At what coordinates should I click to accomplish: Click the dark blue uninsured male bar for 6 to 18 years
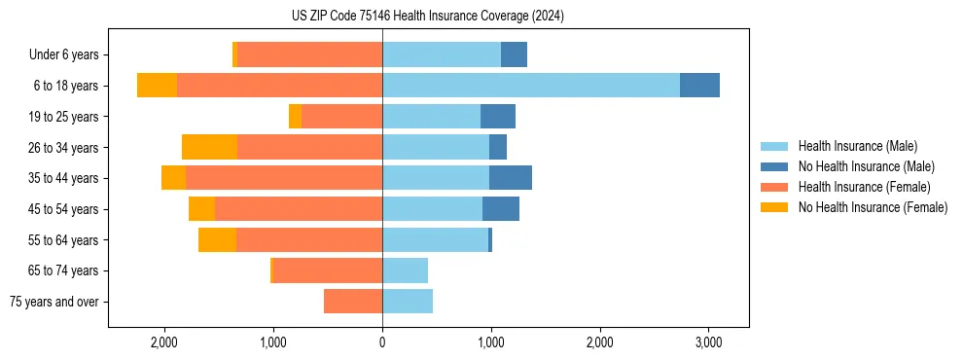[x=699, y=86]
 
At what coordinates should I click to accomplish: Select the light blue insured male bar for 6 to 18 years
[x=531, y=86]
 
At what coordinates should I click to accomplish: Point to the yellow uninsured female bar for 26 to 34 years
[x=209, y=147]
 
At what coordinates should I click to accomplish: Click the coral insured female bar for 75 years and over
[x=353, y=302]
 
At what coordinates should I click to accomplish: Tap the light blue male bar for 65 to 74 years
[x=405, y=270]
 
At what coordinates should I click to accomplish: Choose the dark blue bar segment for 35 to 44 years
[x=511, y=178]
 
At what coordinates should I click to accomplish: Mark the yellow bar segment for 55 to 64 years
[x=217, y=239]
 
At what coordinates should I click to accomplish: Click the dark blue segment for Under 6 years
[x=514, y=54]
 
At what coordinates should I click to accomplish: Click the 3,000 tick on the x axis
[x=708, y=342]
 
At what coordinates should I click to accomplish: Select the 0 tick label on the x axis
[x=382, y=342]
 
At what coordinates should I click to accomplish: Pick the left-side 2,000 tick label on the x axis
[x=164, y=342]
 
